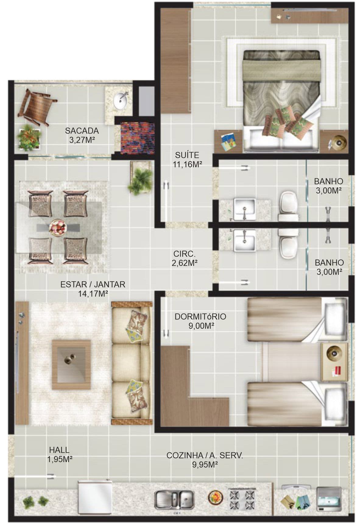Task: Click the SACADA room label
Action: [82, 131]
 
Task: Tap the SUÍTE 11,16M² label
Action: [187, 159]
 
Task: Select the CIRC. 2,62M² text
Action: [185, 258]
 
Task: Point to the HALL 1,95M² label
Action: [59, 454]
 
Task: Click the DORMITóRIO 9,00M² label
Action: [200, 321]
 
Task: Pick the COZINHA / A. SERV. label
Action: [205, 455]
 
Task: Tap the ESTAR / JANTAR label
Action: [93, 284]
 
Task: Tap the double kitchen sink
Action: [174, 499]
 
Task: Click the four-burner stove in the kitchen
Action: [242, 499]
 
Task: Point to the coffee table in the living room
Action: [71, 365]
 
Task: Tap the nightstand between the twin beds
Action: [334, 362]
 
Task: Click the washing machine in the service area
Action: [329, 499]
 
